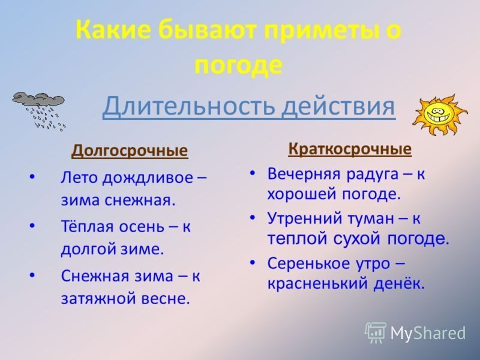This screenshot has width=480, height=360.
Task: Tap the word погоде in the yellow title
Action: coord(239,64)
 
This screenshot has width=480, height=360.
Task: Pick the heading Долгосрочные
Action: coord(130,150)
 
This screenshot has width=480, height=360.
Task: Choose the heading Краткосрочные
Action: coord(350,148)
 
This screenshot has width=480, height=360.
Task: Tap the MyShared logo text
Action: coord(427,332)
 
